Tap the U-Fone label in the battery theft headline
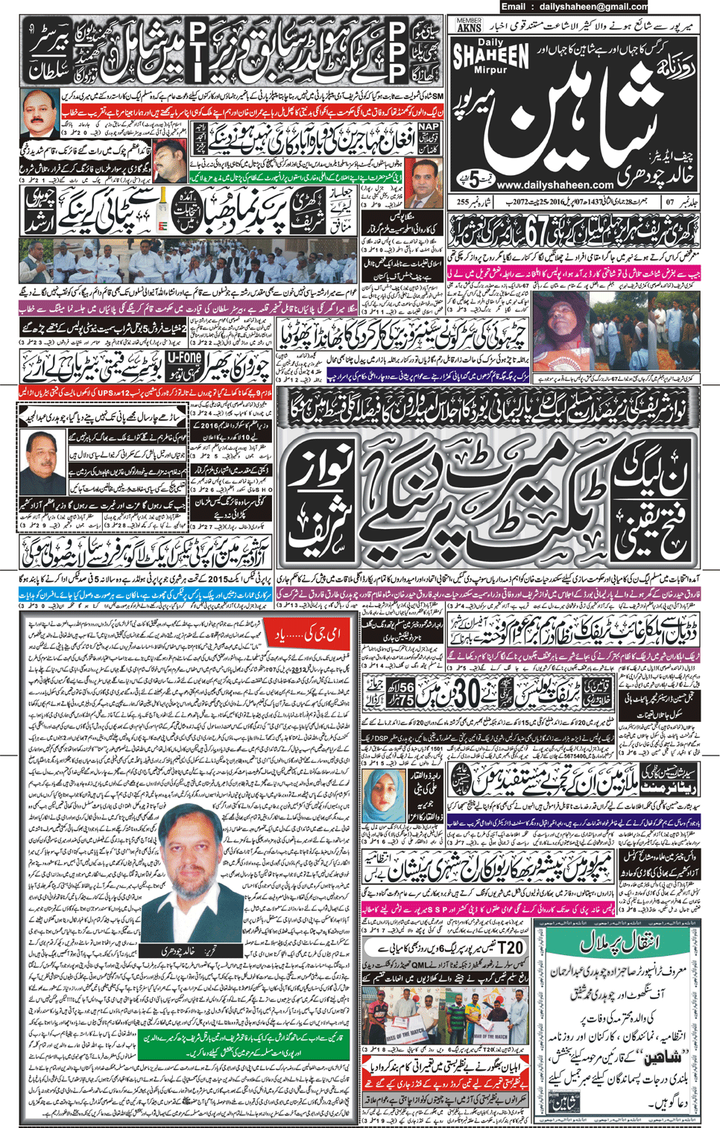[184, 360]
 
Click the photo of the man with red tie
[39, 111]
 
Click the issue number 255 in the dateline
[462, 201]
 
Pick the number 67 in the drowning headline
[537, 230]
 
